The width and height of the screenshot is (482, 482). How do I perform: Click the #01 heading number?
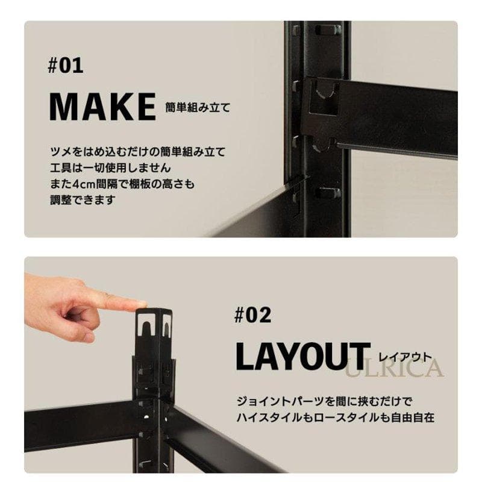pos(66,66)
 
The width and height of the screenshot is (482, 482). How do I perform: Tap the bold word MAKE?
pos(102,107)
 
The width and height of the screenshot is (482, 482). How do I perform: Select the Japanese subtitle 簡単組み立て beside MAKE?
pos(198,108)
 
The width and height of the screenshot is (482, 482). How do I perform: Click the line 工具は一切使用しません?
pos(110,168)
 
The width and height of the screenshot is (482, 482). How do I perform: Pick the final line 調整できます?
pos(83,200)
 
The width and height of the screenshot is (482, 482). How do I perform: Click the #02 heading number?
pos(252,315)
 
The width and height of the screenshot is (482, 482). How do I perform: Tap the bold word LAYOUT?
pos(303,357)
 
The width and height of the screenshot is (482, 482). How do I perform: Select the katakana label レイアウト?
pos(405,357)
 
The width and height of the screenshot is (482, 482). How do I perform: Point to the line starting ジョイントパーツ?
pos(324,401)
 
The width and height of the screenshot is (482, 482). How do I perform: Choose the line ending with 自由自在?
pos(336,418)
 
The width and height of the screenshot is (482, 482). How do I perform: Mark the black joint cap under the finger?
pos(154,334)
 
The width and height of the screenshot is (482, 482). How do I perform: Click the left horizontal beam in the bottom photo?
pos(80,426)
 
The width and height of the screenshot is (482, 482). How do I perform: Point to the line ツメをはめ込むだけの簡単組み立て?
pos(138,152)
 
